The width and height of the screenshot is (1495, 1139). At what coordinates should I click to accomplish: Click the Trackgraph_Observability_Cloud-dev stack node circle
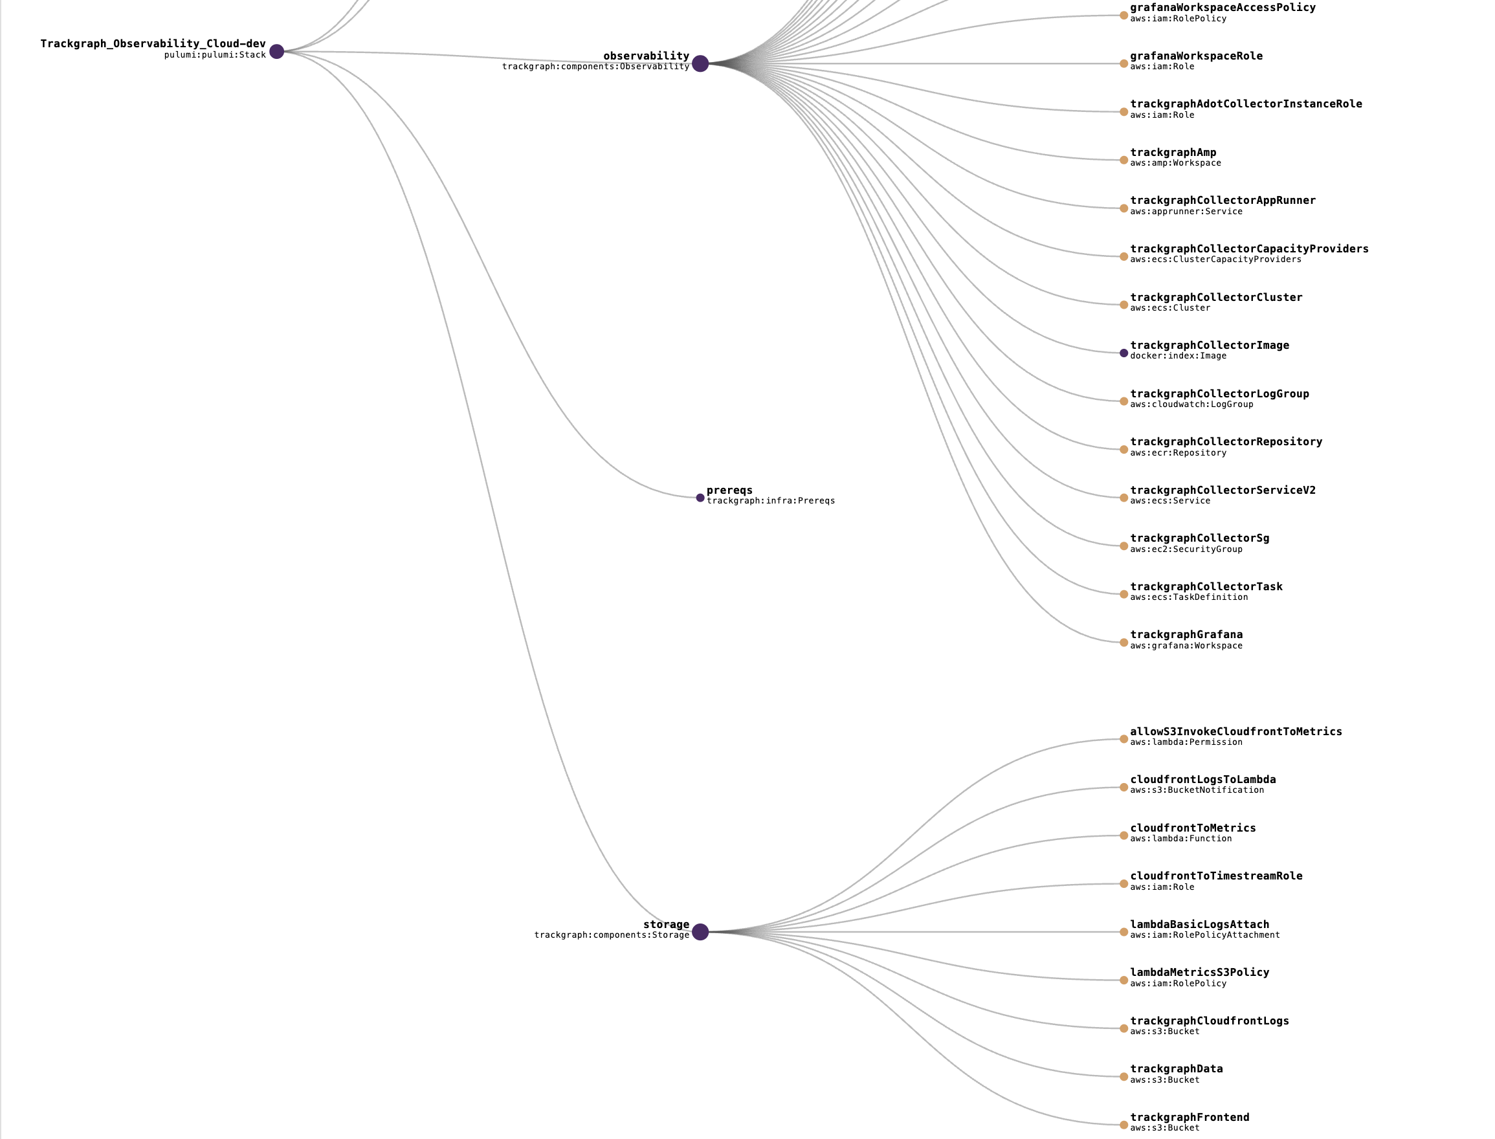(x=276, y=52)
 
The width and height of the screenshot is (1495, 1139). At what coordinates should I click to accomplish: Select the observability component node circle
(x=700, y=63)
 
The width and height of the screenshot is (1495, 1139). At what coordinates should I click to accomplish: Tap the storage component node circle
(x=700, y=932)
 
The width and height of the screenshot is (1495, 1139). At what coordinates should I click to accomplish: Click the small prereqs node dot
(x=700, y=498)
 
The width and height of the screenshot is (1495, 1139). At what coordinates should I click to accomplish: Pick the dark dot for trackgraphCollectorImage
(x=1124, y=353)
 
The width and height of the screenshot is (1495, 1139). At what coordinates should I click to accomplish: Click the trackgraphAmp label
(x=1173, y=153)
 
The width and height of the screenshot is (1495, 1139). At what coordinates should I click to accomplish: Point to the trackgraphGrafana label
(x=1186, y=635)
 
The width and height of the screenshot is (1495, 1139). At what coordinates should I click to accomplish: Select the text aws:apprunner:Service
(x=1186, y=212)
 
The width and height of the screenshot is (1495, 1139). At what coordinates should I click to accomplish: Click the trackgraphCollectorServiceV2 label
(x=1223, y=490)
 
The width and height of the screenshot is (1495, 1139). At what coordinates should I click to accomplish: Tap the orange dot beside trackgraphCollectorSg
(x=1124, y=546)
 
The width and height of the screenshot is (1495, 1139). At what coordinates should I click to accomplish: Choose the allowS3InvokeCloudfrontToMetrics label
(x=1236, y=731)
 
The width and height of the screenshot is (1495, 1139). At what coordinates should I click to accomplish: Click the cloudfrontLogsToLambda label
(x=1202, y=780)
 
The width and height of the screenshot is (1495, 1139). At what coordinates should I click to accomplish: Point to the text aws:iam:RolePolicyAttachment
(x=1205, y=935)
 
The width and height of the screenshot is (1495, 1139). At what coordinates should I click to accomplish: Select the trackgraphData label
(x=1177, y=1069)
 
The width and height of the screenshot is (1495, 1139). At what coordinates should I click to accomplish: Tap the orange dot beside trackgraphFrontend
(x=1124, y=1125)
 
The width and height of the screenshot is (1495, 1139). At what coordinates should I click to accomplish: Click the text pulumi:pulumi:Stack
(x=215, y=55)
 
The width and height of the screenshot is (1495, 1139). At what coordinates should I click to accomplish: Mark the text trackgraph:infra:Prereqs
(x=771, y=501)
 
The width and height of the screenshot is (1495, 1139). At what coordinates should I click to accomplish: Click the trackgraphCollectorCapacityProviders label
(x=1249, y=249)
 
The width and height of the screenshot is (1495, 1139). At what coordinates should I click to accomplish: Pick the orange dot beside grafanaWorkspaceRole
(x=1124, y=63)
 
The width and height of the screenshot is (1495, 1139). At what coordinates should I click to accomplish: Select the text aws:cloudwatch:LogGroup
(x=1191, y=404)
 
